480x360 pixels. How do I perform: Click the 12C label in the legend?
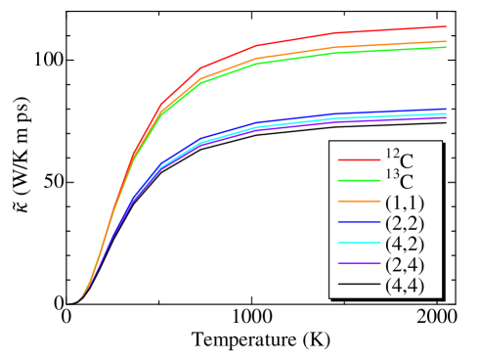click(399, 158)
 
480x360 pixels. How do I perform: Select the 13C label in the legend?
click(399, 180)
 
